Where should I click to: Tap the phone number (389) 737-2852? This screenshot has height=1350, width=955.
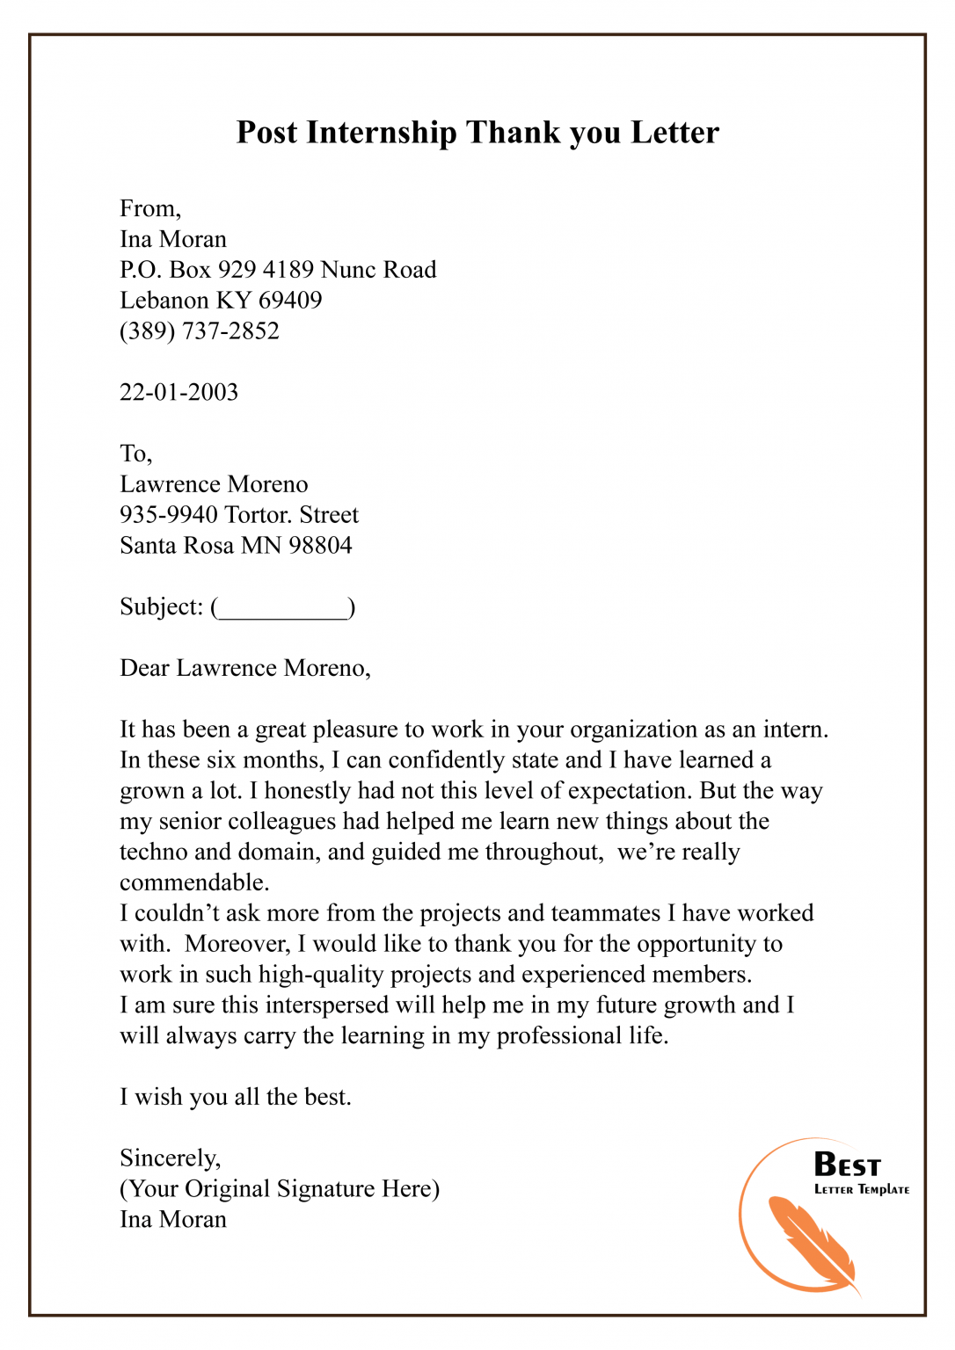point(200,331)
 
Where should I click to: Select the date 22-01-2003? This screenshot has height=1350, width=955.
point(179,392)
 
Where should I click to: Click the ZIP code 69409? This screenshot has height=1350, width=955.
point(290,301)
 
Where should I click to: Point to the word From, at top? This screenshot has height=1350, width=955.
point(150,209)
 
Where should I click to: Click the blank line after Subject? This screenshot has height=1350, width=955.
point(282,609)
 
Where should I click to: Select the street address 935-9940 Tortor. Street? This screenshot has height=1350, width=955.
point(239,515)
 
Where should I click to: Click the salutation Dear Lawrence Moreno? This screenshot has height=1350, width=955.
point(245,669)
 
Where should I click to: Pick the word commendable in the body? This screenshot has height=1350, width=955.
point(193,882)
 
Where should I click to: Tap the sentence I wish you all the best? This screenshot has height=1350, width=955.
point(236,1098)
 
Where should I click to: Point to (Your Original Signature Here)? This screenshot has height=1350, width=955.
point(280,1189)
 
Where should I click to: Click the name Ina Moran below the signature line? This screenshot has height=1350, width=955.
point(173,1220)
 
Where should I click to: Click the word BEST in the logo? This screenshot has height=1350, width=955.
point(847,1165)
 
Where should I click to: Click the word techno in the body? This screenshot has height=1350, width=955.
point(153,853)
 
